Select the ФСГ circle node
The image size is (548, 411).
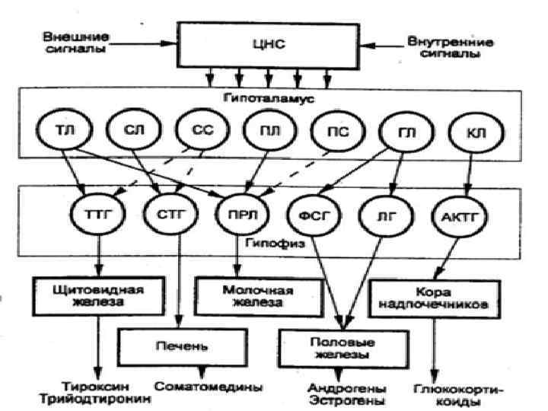click(311, 216)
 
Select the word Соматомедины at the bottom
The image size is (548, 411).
click(209, 387)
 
